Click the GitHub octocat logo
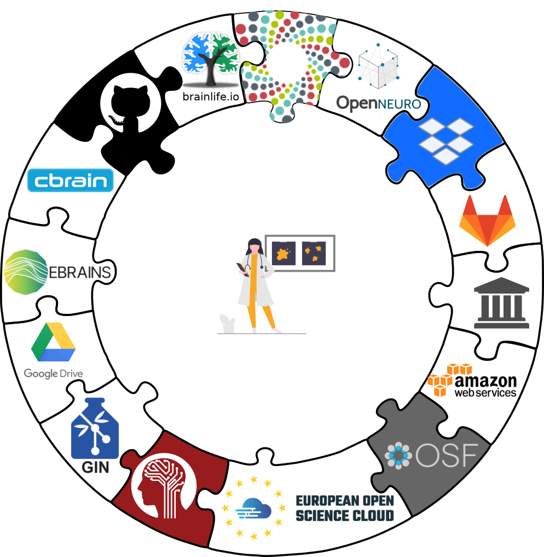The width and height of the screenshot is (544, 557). [131, 103]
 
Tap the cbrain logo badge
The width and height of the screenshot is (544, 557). [70, 180]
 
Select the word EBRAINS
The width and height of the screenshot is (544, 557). [80, 272]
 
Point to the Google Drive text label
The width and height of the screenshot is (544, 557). [53, 374]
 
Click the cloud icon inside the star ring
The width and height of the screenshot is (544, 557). [253, 510]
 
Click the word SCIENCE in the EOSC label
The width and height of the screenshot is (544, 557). [321, 515]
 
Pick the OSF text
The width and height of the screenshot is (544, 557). [446, 455]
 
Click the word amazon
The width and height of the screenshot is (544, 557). [485, 381]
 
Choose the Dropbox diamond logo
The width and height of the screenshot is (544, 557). [445, 140]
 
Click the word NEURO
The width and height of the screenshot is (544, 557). [400, 104]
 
